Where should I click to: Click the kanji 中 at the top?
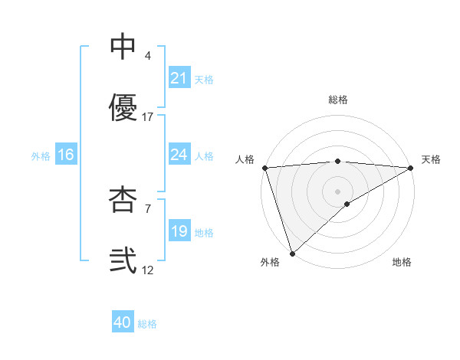pos(123,47)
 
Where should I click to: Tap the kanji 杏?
pos(123,200)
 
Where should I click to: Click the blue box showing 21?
pos(179,78)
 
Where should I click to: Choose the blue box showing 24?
pos(179,155)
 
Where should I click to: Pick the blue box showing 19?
pos(179,231)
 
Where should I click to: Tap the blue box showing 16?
pos(66,155)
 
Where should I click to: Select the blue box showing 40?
pos(123,322)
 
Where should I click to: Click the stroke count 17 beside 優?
pos(148,117)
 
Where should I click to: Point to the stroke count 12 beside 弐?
pos(148,270)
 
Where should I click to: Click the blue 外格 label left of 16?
pos(41,155)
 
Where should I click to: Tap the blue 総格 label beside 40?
pos(147,324)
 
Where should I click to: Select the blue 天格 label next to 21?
pos(204,79)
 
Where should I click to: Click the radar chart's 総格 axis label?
pos(338,100)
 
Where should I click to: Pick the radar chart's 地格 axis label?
pos(402,262)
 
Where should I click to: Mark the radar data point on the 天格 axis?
pos(412,168)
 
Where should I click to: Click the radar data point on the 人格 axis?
pos(264,168)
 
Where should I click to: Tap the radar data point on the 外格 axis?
pos(292,253)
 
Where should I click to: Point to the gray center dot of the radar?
pos(338,191)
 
